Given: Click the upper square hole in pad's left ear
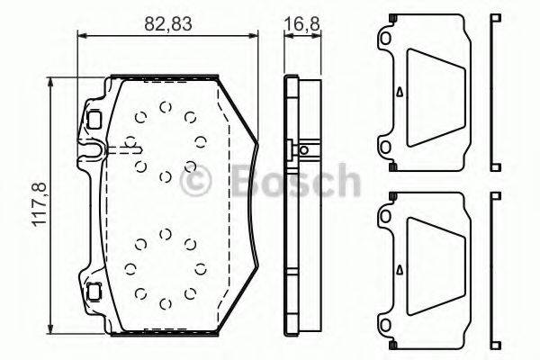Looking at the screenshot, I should [94, 117].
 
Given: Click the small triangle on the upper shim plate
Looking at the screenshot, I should [399, 91].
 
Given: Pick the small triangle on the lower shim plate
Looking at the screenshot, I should [399, 266].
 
